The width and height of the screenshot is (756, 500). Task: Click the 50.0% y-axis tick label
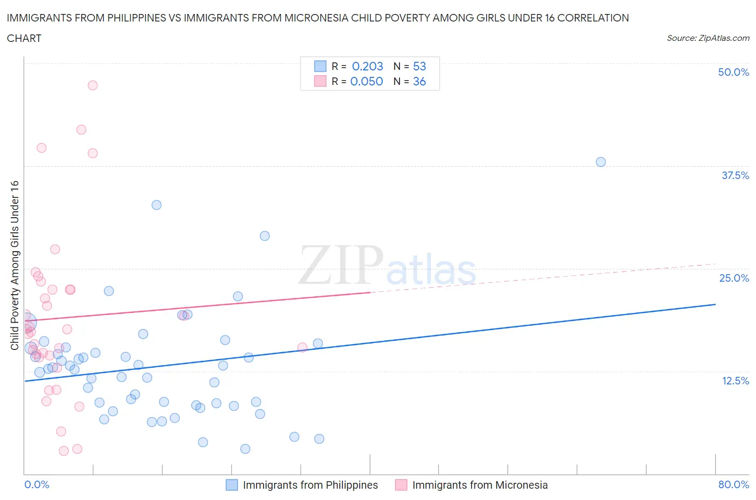coord(733,72)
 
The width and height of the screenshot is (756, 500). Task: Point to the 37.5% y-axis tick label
coord(735,175)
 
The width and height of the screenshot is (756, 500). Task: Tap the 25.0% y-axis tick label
coord(734,278)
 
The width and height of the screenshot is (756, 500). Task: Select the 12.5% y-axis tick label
coord(735,381)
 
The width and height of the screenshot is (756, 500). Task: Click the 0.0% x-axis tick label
coord(37,484)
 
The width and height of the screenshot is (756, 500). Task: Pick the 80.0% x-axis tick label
coord(733,484)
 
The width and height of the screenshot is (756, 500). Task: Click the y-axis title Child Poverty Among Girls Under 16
coord(15,265)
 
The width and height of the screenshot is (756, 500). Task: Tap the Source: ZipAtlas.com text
coord(708,38)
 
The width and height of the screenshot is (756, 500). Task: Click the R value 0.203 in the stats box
coord(367,66)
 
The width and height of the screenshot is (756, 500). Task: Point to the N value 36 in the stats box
coord(419,81)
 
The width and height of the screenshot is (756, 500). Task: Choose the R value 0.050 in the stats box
coord(367,81)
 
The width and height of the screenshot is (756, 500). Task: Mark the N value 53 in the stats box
coord(419,66)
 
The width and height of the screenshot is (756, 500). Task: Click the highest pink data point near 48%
coord(92,85)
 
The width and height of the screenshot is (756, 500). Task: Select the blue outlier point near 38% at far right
coord(601,162)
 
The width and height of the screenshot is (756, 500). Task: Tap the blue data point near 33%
coord(156,205)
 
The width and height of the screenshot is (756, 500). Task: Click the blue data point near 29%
coord(265,235)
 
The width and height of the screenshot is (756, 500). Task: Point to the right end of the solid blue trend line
coord(715,304)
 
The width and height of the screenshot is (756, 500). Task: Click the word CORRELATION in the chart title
coord(593,18)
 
